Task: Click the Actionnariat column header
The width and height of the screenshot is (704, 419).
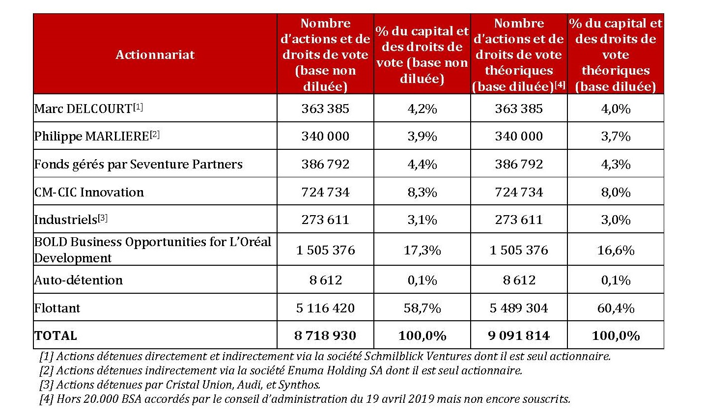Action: click(155, 55)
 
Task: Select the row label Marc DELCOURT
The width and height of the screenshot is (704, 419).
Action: click(83, 109)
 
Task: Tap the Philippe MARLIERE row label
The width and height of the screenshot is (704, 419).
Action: click(91, 137)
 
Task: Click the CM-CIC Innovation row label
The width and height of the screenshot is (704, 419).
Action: click(89, 192)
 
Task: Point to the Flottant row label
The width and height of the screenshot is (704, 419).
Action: click(57, 308)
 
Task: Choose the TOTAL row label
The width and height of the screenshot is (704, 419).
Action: click(56, 335)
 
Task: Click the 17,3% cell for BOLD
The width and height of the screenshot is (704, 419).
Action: click(422, 250)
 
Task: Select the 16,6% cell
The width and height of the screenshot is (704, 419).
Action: click(616, 250)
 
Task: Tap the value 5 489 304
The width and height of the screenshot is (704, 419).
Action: click(519, 308)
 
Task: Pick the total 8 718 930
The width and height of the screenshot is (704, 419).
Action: click(325, 335)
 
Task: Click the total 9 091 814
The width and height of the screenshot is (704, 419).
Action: click(519, 335)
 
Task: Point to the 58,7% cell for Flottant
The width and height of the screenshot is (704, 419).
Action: click(422, 308)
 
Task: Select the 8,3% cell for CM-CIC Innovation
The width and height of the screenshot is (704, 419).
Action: click(422, 192)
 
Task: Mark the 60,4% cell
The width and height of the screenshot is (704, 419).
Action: click(616, 308)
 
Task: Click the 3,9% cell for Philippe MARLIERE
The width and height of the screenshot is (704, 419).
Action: click(422, 137)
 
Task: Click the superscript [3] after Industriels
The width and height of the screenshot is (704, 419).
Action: click(103, 218)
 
